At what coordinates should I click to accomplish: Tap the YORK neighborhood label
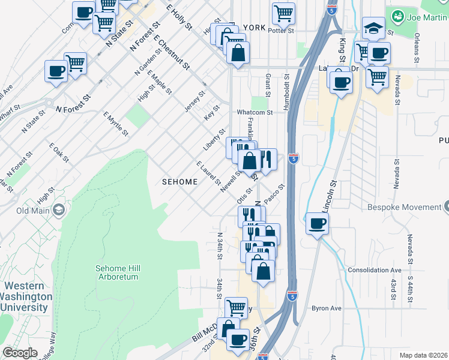(x=254, y=28)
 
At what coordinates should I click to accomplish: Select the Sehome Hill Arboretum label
(x=117, y=272)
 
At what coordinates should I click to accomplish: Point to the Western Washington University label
(x=26, y=297)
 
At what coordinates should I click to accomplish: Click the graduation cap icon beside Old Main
(x=58, y=210)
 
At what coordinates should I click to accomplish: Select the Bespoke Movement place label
(x=403, y=208)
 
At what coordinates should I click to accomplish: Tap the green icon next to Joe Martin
(x=396, y=15)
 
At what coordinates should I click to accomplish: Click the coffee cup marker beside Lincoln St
(x=317, y=224)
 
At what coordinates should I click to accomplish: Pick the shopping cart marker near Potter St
(x=283, y=13)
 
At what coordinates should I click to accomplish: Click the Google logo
(x=20, y=353)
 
